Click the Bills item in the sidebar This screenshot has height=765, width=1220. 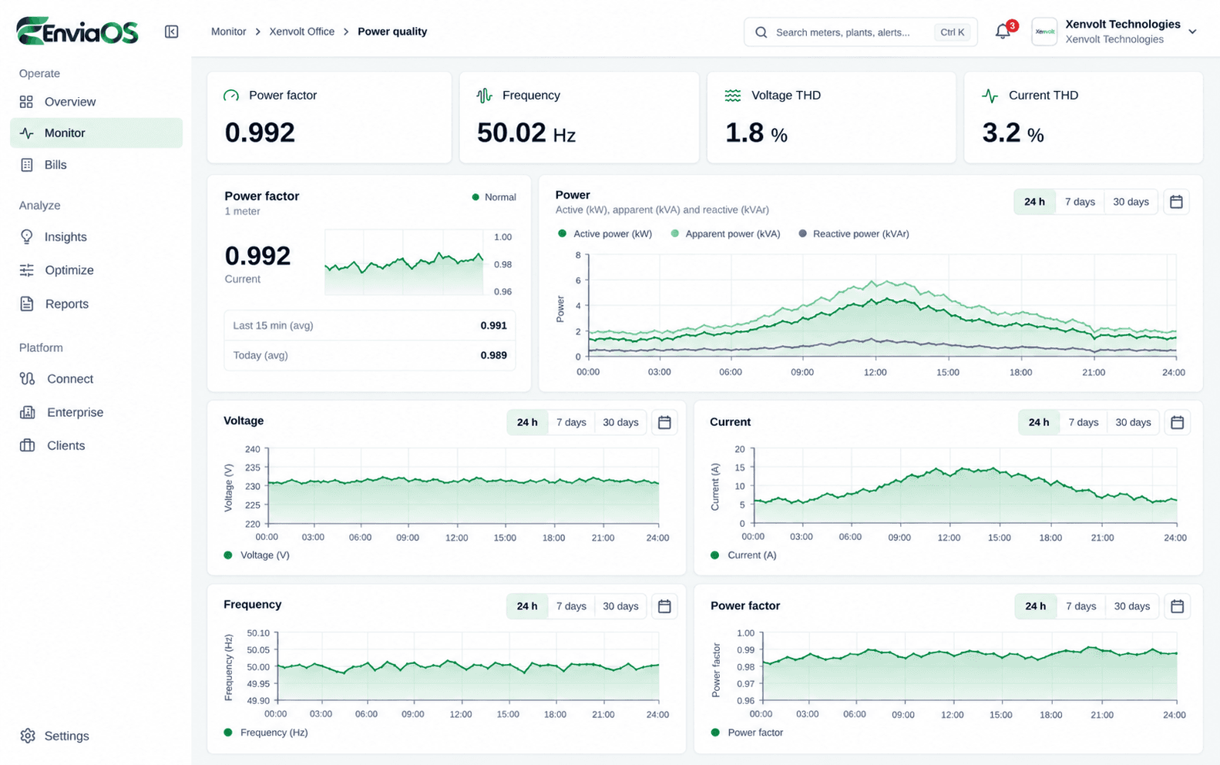[x=55, y=165]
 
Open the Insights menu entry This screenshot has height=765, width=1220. [x=66, y=237]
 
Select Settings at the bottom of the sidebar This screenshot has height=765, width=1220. [x=66, y=736]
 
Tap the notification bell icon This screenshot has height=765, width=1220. [x=1002, y=32]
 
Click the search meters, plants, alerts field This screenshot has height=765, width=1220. [x=861, y=32]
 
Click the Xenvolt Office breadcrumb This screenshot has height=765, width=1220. [x=302, y=32]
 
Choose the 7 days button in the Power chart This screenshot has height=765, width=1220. [x=1080, y=202]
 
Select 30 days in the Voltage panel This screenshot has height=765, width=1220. [x=620, y=422]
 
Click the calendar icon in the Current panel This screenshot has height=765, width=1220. [x=1177, y=422]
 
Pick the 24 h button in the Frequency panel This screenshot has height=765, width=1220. [x=526, y=606]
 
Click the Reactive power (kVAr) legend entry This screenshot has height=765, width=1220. [x=854, y=233]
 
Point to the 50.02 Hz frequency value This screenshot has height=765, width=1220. [x=526, y=133]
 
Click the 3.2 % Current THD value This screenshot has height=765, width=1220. [x=1013, y=133]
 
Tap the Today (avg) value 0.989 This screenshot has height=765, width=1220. [x=493, y=355]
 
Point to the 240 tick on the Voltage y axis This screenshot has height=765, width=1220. [x=253, y=449]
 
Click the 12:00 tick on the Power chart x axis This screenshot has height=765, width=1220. [x=876, y=372]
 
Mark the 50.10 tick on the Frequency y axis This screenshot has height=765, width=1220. [x=258, y=632]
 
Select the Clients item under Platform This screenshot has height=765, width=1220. [x=66, y=445]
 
